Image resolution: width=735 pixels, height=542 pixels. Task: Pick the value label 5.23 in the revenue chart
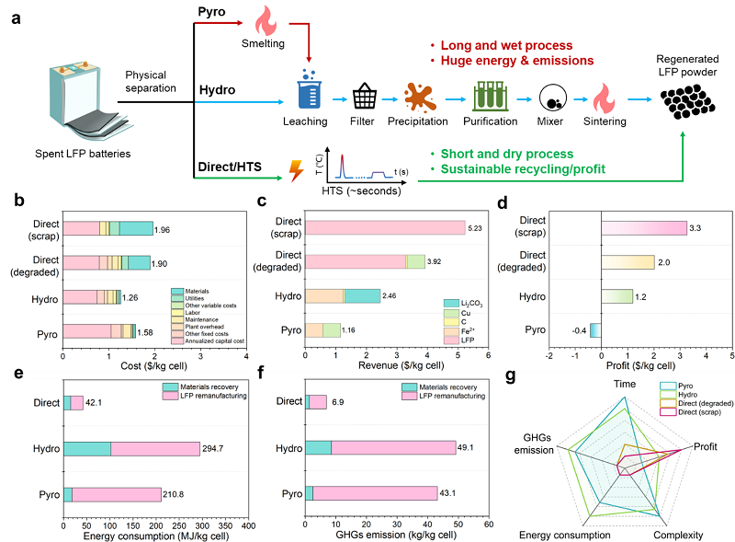coord(475,228)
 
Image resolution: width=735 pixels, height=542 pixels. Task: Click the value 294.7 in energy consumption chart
coord(213,448)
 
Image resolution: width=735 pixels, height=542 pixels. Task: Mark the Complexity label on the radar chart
coord(678,535)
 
